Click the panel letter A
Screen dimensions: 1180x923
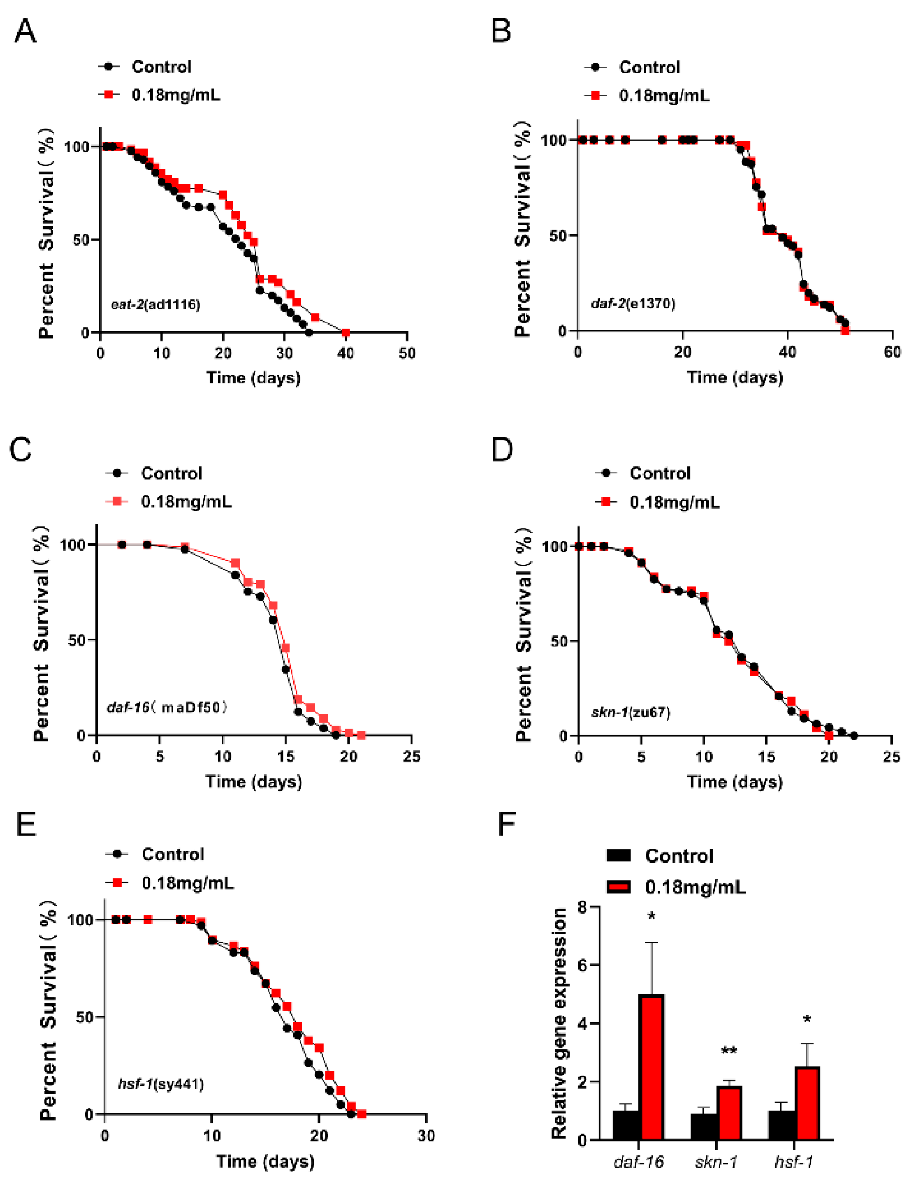[25, 31]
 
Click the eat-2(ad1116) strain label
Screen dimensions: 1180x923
[156, 304]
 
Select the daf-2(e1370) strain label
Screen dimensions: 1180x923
[633, 303]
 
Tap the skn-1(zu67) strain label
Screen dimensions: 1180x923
[630, 713]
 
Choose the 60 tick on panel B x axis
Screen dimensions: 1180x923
[892, 353]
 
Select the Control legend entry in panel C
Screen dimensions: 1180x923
[171, 474]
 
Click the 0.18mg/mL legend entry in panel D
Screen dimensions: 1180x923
[675, 502]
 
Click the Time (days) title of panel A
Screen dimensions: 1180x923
[253, 377]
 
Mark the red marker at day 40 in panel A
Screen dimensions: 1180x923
[345, 332]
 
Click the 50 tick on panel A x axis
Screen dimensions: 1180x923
[407, 353]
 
